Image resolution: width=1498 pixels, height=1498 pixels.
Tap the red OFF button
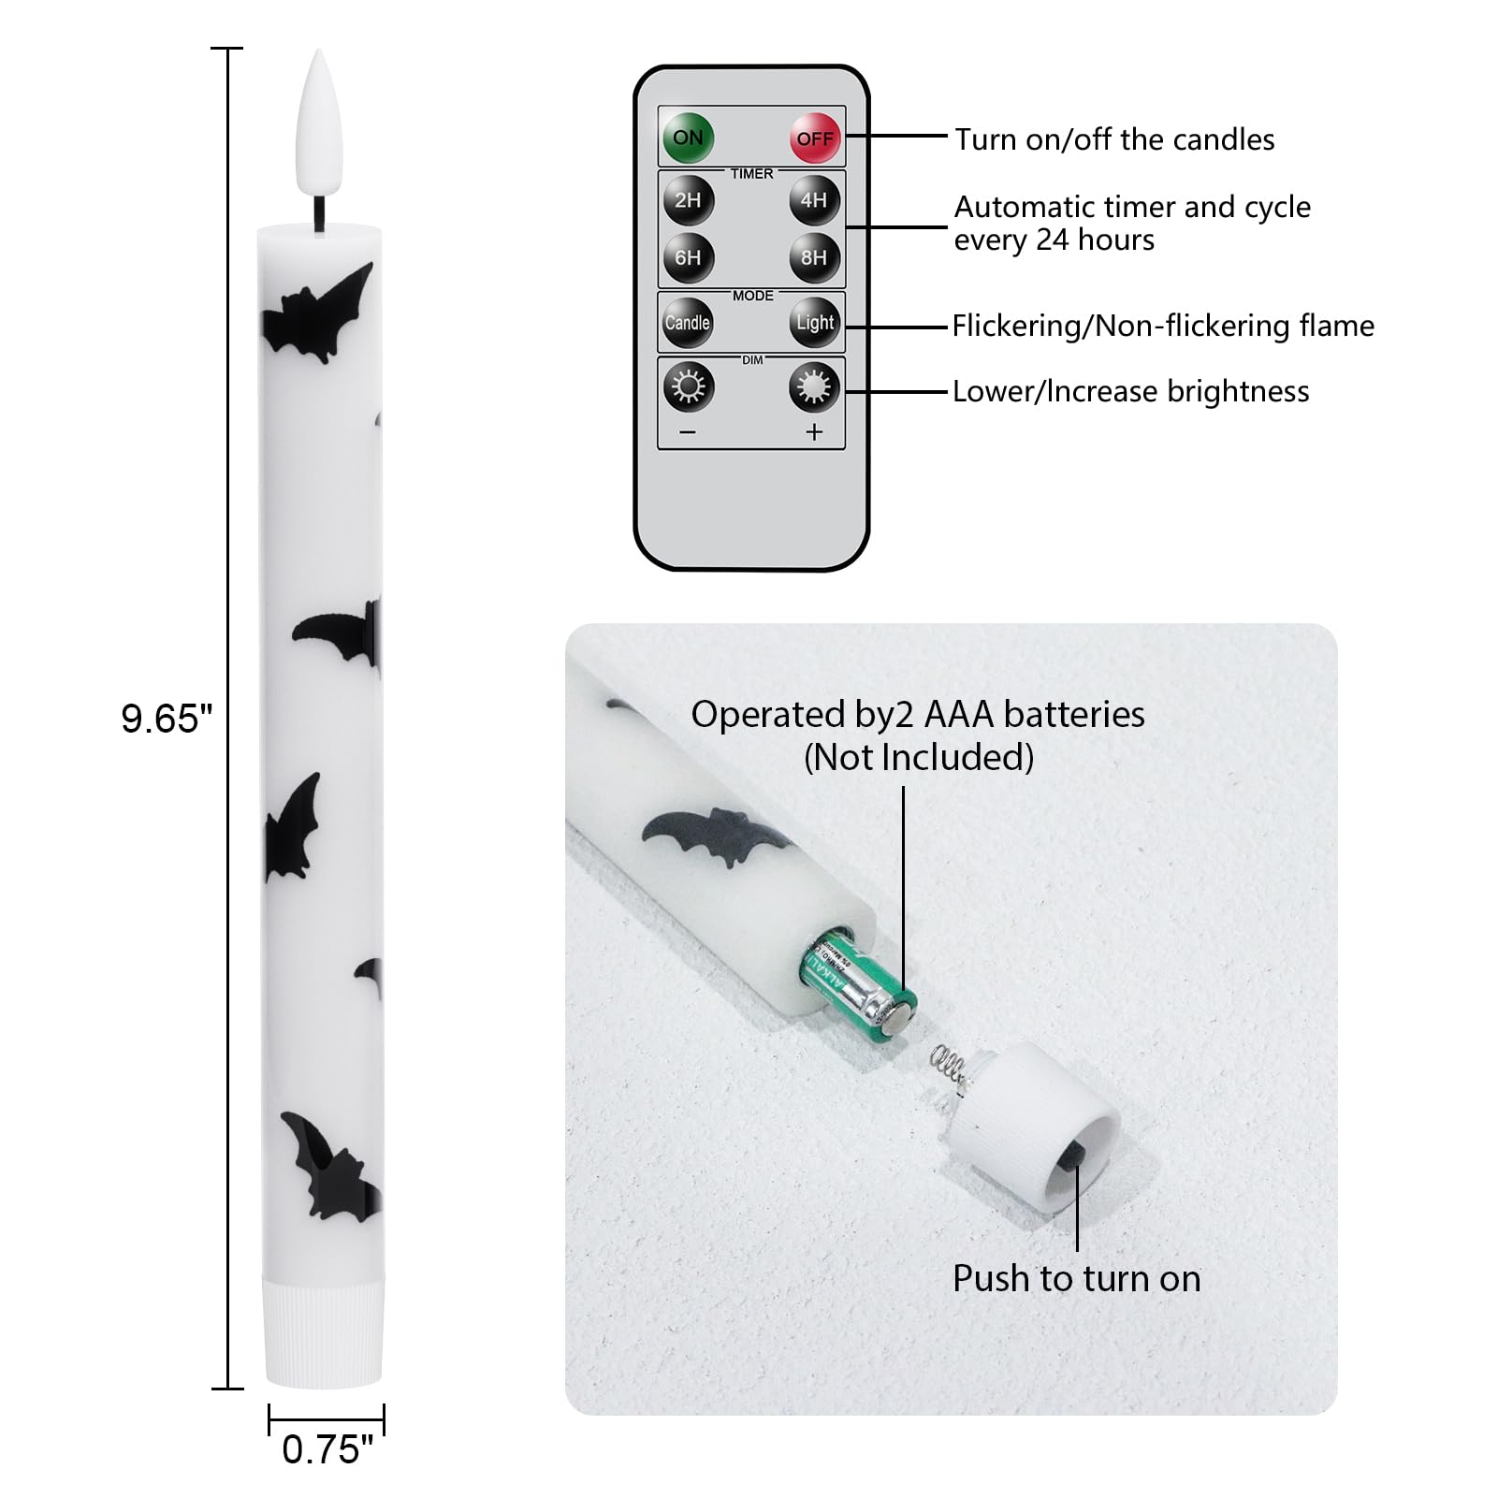[x=815, y=138]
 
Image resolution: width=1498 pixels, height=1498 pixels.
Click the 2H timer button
[x=688, y=199]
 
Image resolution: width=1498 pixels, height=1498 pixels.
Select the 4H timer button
[x=814, y=199]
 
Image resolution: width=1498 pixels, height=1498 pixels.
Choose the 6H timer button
[x=688, y=257]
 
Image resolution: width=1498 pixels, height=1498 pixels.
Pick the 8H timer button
[x=814, y=257]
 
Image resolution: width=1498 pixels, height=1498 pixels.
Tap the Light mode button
[x=815, y=323]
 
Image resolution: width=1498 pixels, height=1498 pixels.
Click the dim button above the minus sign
[x=689, y=386]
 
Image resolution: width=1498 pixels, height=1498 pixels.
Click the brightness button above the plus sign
[x=814, y=386]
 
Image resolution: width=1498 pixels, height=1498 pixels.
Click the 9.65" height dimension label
[x=167, y=719]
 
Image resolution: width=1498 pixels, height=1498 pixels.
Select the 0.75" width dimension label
[x=327, y=1449]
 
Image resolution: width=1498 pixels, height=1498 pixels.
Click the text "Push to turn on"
[x=1077, y=1278]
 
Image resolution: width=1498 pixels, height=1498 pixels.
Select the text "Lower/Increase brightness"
[x=1131, y=391]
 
